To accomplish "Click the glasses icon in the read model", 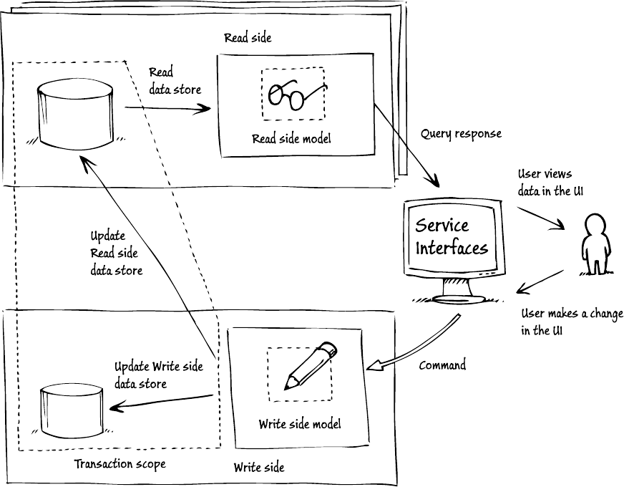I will pyautogui.click(x=293, y=94).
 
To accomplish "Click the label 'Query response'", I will pyautogui.click(x=461, y=134).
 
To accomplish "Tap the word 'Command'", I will pyautogui.click(x=442, y=365).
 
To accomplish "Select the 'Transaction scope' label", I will pyautogui.click(x=120, y=464).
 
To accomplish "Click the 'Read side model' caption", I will pyautogui.click(x=291, y=139).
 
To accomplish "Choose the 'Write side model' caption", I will pyautogui.click(x=300, y=424).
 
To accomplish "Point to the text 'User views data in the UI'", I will pyautogui.click(x=545, y=183).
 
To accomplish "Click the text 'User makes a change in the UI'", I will pyautogui.click(x=571, y=323).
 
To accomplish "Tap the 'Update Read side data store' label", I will pyautogui.click(x=116, y=253).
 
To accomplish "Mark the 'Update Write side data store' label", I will pyautogui.click(x=159, y=375).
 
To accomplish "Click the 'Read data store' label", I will pyautogui.click(x=175, y=81).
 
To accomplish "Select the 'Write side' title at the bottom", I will pyautogui.click(x=259, y=468).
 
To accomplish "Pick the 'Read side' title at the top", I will pyautogui.click(x=248, y=37).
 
